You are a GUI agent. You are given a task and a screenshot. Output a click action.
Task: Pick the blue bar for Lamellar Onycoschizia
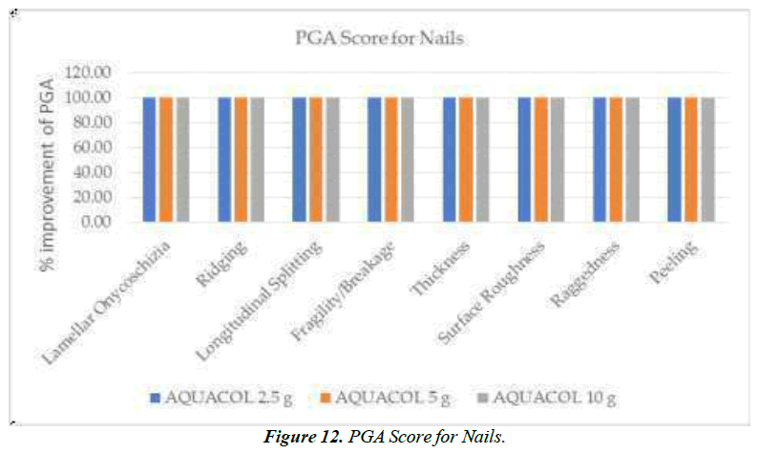pyautogui.click(x=150, y=159)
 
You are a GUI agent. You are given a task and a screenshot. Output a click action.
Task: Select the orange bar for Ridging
pyautogui.click(x=241, y=159)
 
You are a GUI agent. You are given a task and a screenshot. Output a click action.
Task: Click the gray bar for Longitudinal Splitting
pyautogui.click(x=332, y=159)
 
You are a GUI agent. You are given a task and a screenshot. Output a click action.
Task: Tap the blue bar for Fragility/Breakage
pyautogui.click(x=374, y=159)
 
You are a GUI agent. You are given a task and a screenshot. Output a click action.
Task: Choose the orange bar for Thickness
pyautogui.click(x=466, y=159)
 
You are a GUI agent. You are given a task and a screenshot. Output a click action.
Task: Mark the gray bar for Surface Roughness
pyautogui.click(x=558, y=159)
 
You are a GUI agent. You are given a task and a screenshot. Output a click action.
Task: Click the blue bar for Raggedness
pyautogui.click(x=600, y=159)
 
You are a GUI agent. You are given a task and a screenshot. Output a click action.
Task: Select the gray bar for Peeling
pyautogui.click(x=707, y=159)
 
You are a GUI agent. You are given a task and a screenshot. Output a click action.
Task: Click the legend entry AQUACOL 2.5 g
pyautogui.click(x=212, y=395)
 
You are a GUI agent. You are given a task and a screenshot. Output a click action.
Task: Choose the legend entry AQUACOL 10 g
pyautogui.click(x=549, y=395)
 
